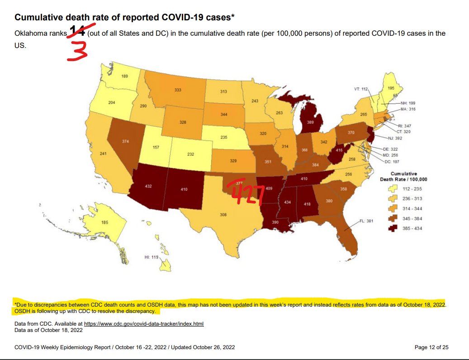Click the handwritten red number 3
coord(77,50)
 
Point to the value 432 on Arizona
coord(148,186)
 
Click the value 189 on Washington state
coord(124,76)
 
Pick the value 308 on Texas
coord(223,214)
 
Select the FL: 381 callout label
coord(367,222)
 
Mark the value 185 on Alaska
coord(105,223)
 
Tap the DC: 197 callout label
coord(393,161)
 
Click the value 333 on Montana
coord(178,90)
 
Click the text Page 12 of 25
coord(431,347)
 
